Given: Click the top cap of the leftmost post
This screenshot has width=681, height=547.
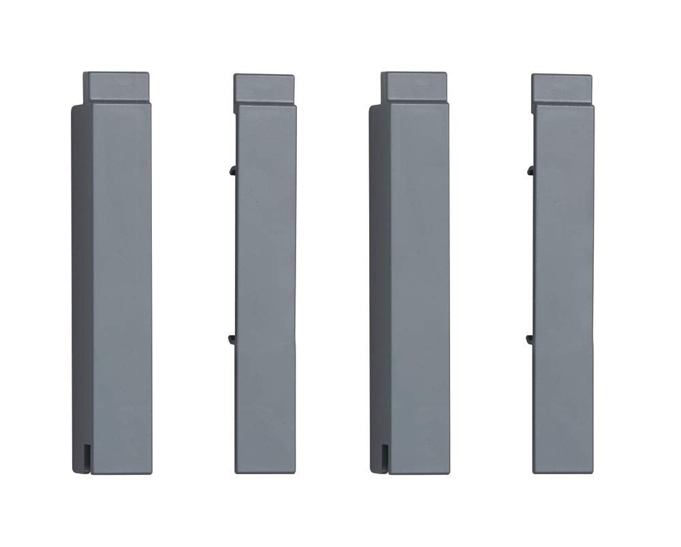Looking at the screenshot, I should [116, 86].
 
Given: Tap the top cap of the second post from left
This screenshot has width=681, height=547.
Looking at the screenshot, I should [264, 89].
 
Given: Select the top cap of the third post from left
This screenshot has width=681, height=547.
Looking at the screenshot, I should [413, 86].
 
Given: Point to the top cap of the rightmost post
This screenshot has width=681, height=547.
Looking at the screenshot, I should [562, 88].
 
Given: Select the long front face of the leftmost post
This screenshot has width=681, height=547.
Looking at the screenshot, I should [121, 286].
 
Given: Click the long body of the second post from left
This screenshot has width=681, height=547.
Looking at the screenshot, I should [266, 286].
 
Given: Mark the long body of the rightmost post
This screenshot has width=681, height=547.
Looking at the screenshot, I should [564, 286].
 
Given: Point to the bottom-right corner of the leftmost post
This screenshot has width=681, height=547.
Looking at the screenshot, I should [150, 471].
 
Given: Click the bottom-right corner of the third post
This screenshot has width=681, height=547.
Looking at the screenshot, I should [448, 471].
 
